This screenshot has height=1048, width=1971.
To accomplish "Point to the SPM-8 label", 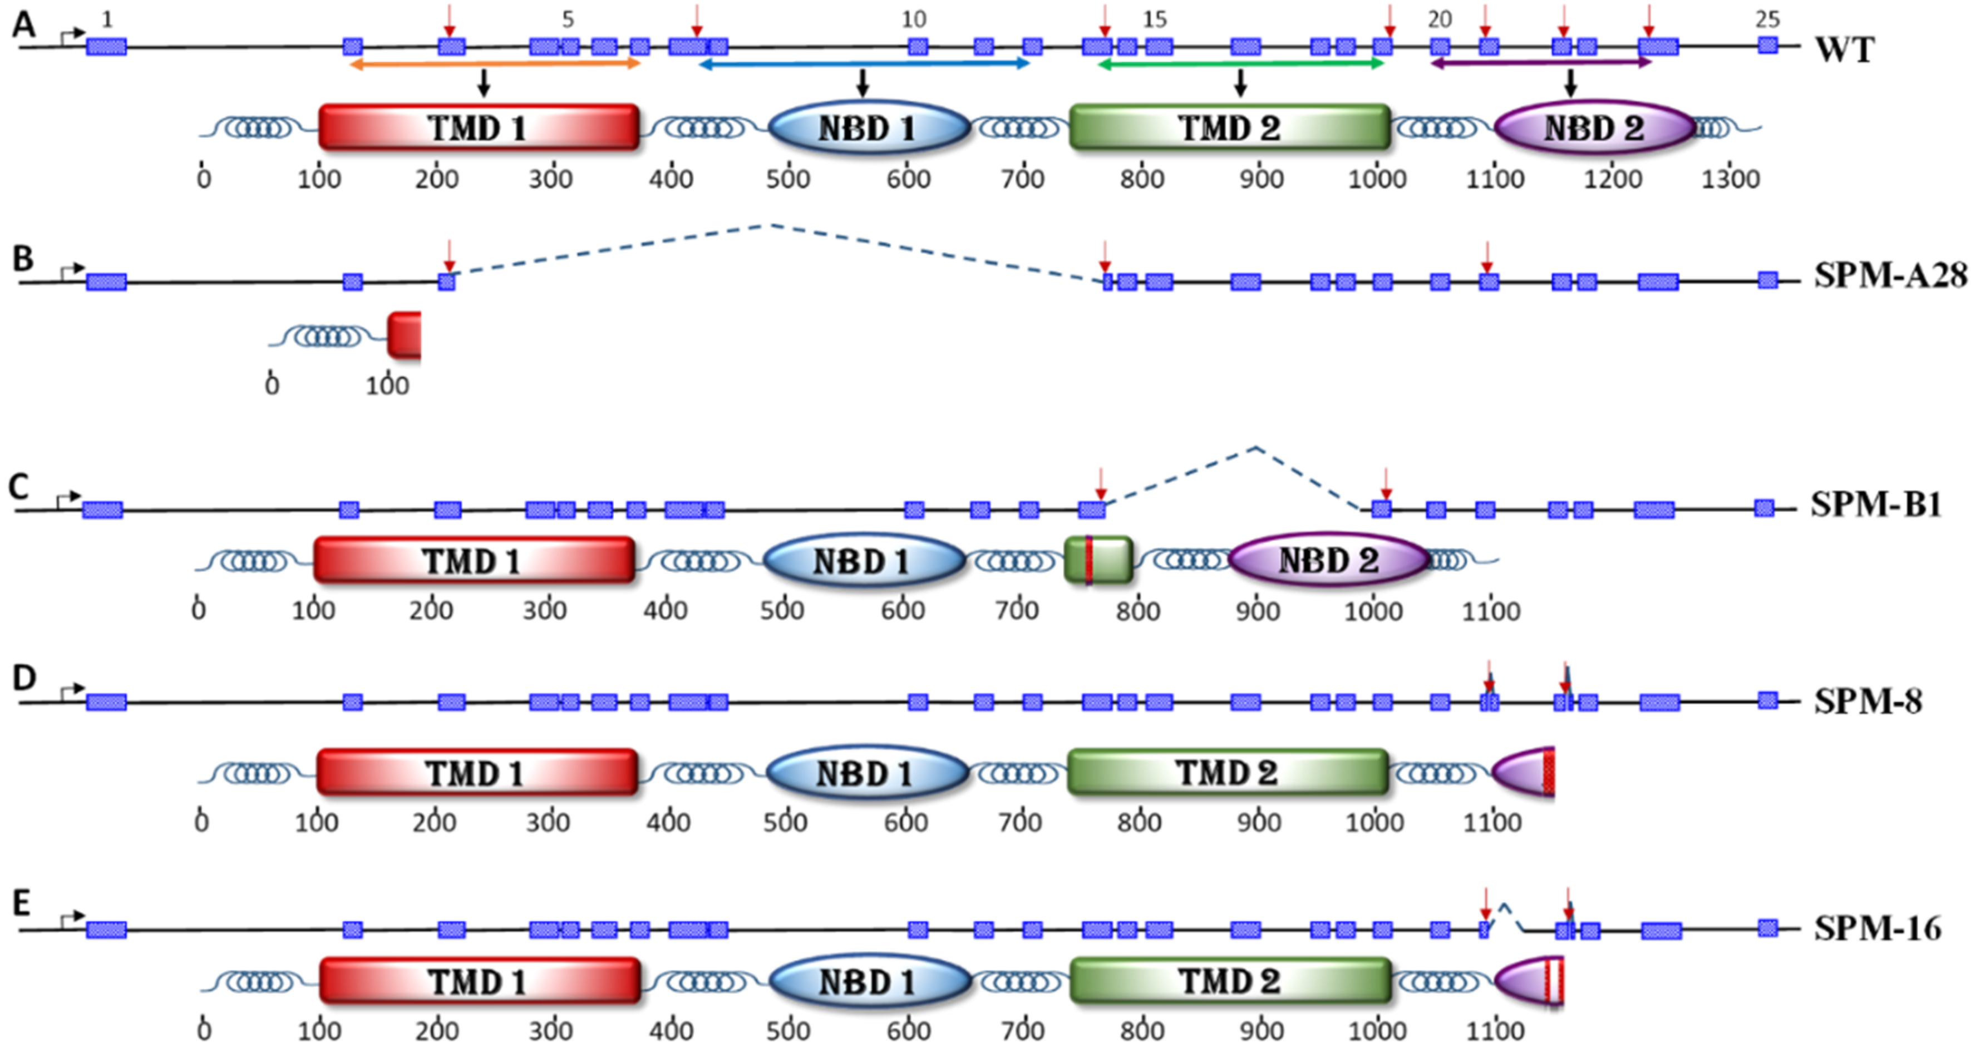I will [x=1867, y=701].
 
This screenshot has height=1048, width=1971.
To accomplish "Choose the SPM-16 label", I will [x=1877, y=928].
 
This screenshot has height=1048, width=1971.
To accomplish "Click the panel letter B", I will [x=23, y=259].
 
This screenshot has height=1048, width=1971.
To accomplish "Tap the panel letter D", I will [x=24, y=678].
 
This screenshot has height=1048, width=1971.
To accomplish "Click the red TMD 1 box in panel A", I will [x=478, y=127].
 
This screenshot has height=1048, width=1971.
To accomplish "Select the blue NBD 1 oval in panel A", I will [x=869, y=127].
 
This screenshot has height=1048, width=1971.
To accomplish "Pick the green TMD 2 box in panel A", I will [x=1229, y=127].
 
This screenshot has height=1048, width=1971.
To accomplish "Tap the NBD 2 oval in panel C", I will [x=1329, y=561].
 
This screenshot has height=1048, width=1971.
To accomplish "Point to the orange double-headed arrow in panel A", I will [x=494, y=65].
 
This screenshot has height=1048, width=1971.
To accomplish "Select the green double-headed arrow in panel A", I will [x=1241, y=65].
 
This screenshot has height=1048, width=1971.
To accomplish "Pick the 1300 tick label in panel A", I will [x=1731, y=180].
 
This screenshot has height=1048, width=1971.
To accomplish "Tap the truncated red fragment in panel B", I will [x=404, y=335].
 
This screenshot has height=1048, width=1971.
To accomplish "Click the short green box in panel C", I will [x=1098, y=561].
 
